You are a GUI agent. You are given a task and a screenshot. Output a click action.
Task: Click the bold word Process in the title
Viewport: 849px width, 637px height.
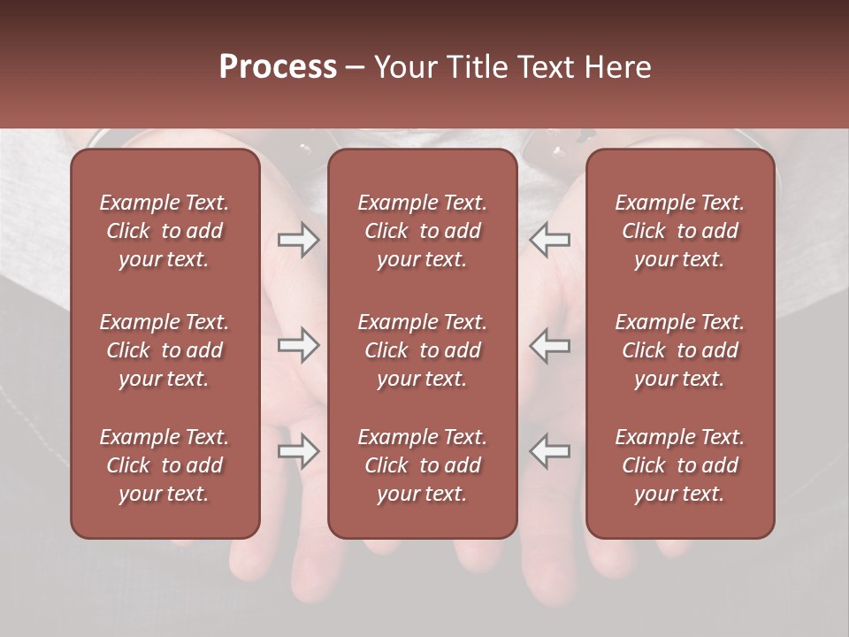coord(278,66)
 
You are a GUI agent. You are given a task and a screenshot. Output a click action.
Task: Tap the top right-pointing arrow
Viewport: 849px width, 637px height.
coord(298,240)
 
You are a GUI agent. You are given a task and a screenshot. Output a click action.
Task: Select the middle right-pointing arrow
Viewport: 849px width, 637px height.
coord(298,345)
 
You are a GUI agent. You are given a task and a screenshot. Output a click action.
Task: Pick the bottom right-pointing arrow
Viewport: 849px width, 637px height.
coord(298,451)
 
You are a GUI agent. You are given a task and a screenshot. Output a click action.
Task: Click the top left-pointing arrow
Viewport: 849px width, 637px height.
coord(549,240)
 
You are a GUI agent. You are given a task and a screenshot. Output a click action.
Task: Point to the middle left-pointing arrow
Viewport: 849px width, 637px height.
coord(549,345)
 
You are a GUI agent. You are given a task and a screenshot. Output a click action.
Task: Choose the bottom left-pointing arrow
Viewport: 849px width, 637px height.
coord(549,451)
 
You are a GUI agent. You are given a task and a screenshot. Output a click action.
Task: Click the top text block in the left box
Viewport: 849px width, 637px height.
coord(164,231)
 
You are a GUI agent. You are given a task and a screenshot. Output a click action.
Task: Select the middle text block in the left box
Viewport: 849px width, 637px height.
coord(164,350)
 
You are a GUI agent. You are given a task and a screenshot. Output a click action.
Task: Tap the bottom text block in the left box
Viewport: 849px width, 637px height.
coord(164,465)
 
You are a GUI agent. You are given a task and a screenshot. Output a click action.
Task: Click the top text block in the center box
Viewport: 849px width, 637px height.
coord(423,231)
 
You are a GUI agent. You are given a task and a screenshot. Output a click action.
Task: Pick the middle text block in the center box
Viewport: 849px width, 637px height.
coord(423,350)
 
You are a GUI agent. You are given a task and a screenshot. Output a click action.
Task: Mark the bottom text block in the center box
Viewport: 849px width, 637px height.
coord(423,465)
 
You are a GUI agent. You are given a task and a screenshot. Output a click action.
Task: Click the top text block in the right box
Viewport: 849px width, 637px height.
coord(680,231)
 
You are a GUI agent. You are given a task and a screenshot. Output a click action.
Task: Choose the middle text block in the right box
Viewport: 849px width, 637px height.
coord(680,350)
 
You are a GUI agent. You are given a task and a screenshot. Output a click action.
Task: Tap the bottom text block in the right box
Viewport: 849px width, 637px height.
coord(680,465)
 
